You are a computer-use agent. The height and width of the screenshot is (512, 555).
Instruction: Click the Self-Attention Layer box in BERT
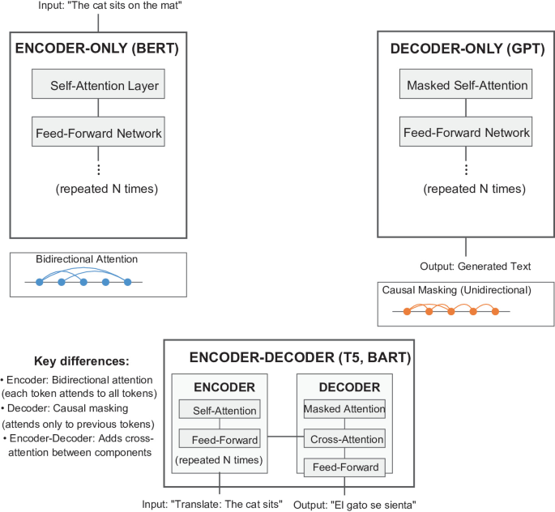(x=98, y=85)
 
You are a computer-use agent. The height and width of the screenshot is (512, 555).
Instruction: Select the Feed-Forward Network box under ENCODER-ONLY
(x=98, y=132)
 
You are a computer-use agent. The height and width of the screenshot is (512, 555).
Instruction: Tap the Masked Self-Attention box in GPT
(x=467, y=85)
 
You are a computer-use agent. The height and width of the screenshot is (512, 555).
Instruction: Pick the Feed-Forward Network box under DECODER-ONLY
(x=467, y=132)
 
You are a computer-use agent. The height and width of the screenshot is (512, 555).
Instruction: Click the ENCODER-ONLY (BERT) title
(x=97, y=49)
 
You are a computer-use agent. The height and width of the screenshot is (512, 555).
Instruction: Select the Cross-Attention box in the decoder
(x=344, y=441)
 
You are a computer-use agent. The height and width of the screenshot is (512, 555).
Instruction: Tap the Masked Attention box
(x=344, y=410)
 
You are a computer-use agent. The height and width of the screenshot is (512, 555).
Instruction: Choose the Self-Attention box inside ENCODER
(x=220, y=412)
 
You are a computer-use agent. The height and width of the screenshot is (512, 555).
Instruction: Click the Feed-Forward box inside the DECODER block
(x=344, y=467)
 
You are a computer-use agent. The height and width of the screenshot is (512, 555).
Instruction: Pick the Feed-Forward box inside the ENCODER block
(x=220, y=441)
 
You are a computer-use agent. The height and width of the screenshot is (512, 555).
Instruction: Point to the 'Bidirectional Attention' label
(x=87, y=259)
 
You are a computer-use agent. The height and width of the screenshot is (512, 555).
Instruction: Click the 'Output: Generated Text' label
(x=465, y=266)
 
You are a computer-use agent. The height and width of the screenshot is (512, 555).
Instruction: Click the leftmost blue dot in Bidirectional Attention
(x=39, y=282)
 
